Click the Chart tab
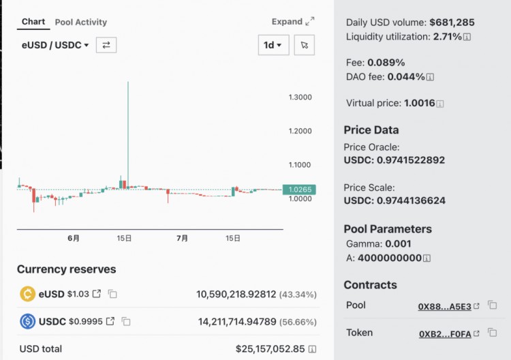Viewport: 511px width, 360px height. pos(33,22)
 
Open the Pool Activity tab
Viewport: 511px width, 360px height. pos(80,22)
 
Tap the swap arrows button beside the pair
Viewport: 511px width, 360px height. pos(106,45)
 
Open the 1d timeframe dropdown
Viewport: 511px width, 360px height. pos(273,45)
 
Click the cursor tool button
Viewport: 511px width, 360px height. pos(304,45)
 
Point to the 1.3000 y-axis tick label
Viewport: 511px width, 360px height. pos(300,97)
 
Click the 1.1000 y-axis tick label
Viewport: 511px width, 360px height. pos(300,165)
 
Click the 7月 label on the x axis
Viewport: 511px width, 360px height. pos(183,239)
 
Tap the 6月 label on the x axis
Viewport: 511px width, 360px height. pos(74,239)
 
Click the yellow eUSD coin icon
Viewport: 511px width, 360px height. pos(28,294)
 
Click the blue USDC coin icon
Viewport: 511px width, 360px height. pos(28,321)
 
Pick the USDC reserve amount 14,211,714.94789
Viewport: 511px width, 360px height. pos(236,321)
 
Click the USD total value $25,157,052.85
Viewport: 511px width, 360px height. pos(270,349)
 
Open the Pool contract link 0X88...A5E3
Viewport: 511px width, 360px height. pos(444,306)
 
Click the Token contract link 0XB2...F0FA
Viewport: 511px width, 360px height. pos(444,333)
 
